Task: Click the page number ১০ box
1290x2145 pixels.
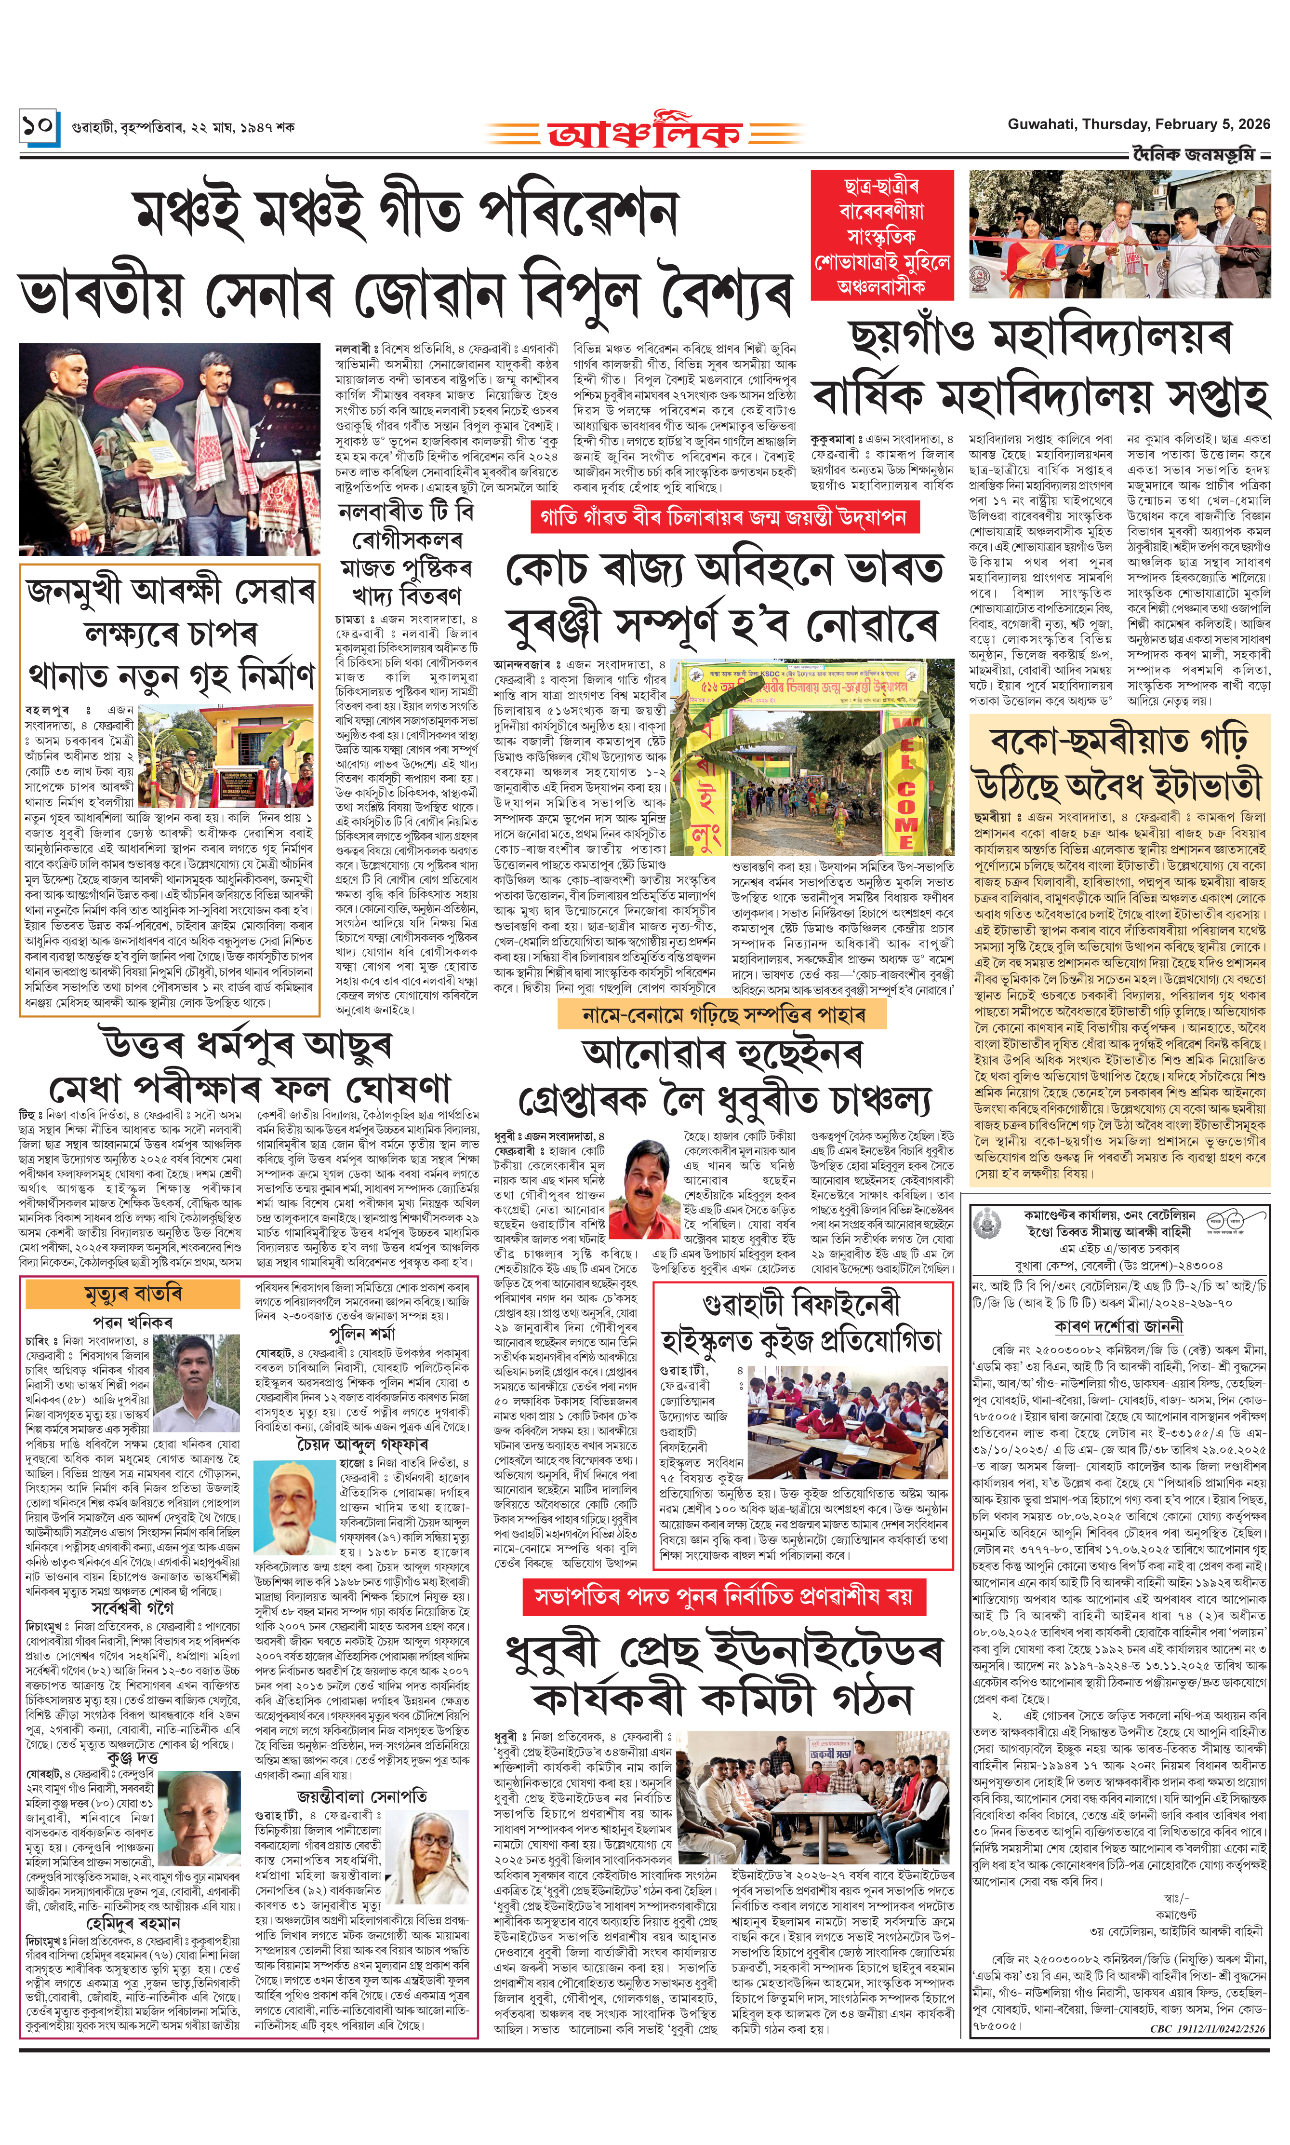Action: pyautogui.click(x=39, y=127)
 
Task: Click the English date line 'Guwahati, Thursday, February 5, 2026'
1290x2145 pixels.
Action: pyautogui.click(x=1138, y=124)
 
